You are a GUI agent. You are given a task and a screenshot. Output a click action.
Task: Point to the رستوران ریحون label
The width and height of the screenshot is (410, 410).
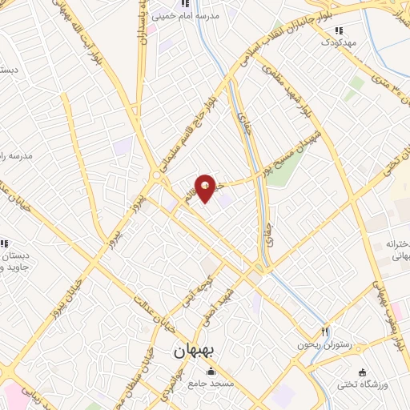[297, 344]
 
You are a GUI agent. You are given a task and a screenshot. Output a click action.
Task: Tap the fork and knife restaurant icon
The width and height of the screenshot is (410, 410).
[325, 332]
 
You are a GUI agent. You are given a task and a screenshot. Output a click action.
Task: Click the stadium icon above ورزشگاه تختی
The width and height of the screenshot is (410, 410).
[363, 372]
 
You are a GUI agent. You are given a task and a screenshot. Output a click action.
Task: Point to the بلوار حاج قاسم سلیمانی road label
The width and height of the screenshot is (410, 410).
[191, 128]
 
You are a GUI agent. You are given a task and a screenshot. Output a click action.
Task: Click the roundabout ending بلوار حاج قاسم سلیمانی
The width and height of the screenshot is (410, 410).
[155, 175]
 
